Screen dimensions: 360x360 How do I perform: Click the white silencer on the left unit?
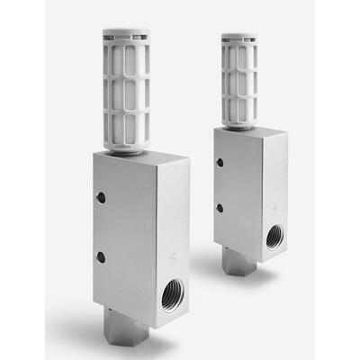point(126,90)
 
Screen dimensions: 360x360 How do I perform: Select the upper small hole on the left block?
point(101,197)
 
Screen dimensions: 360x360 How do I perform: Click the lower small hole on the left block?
point(101,257)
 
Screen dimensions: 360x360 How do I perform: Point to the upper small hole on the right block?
point(219,163)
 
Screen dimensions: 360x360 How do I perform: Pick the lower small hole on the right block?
point(219,208)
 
